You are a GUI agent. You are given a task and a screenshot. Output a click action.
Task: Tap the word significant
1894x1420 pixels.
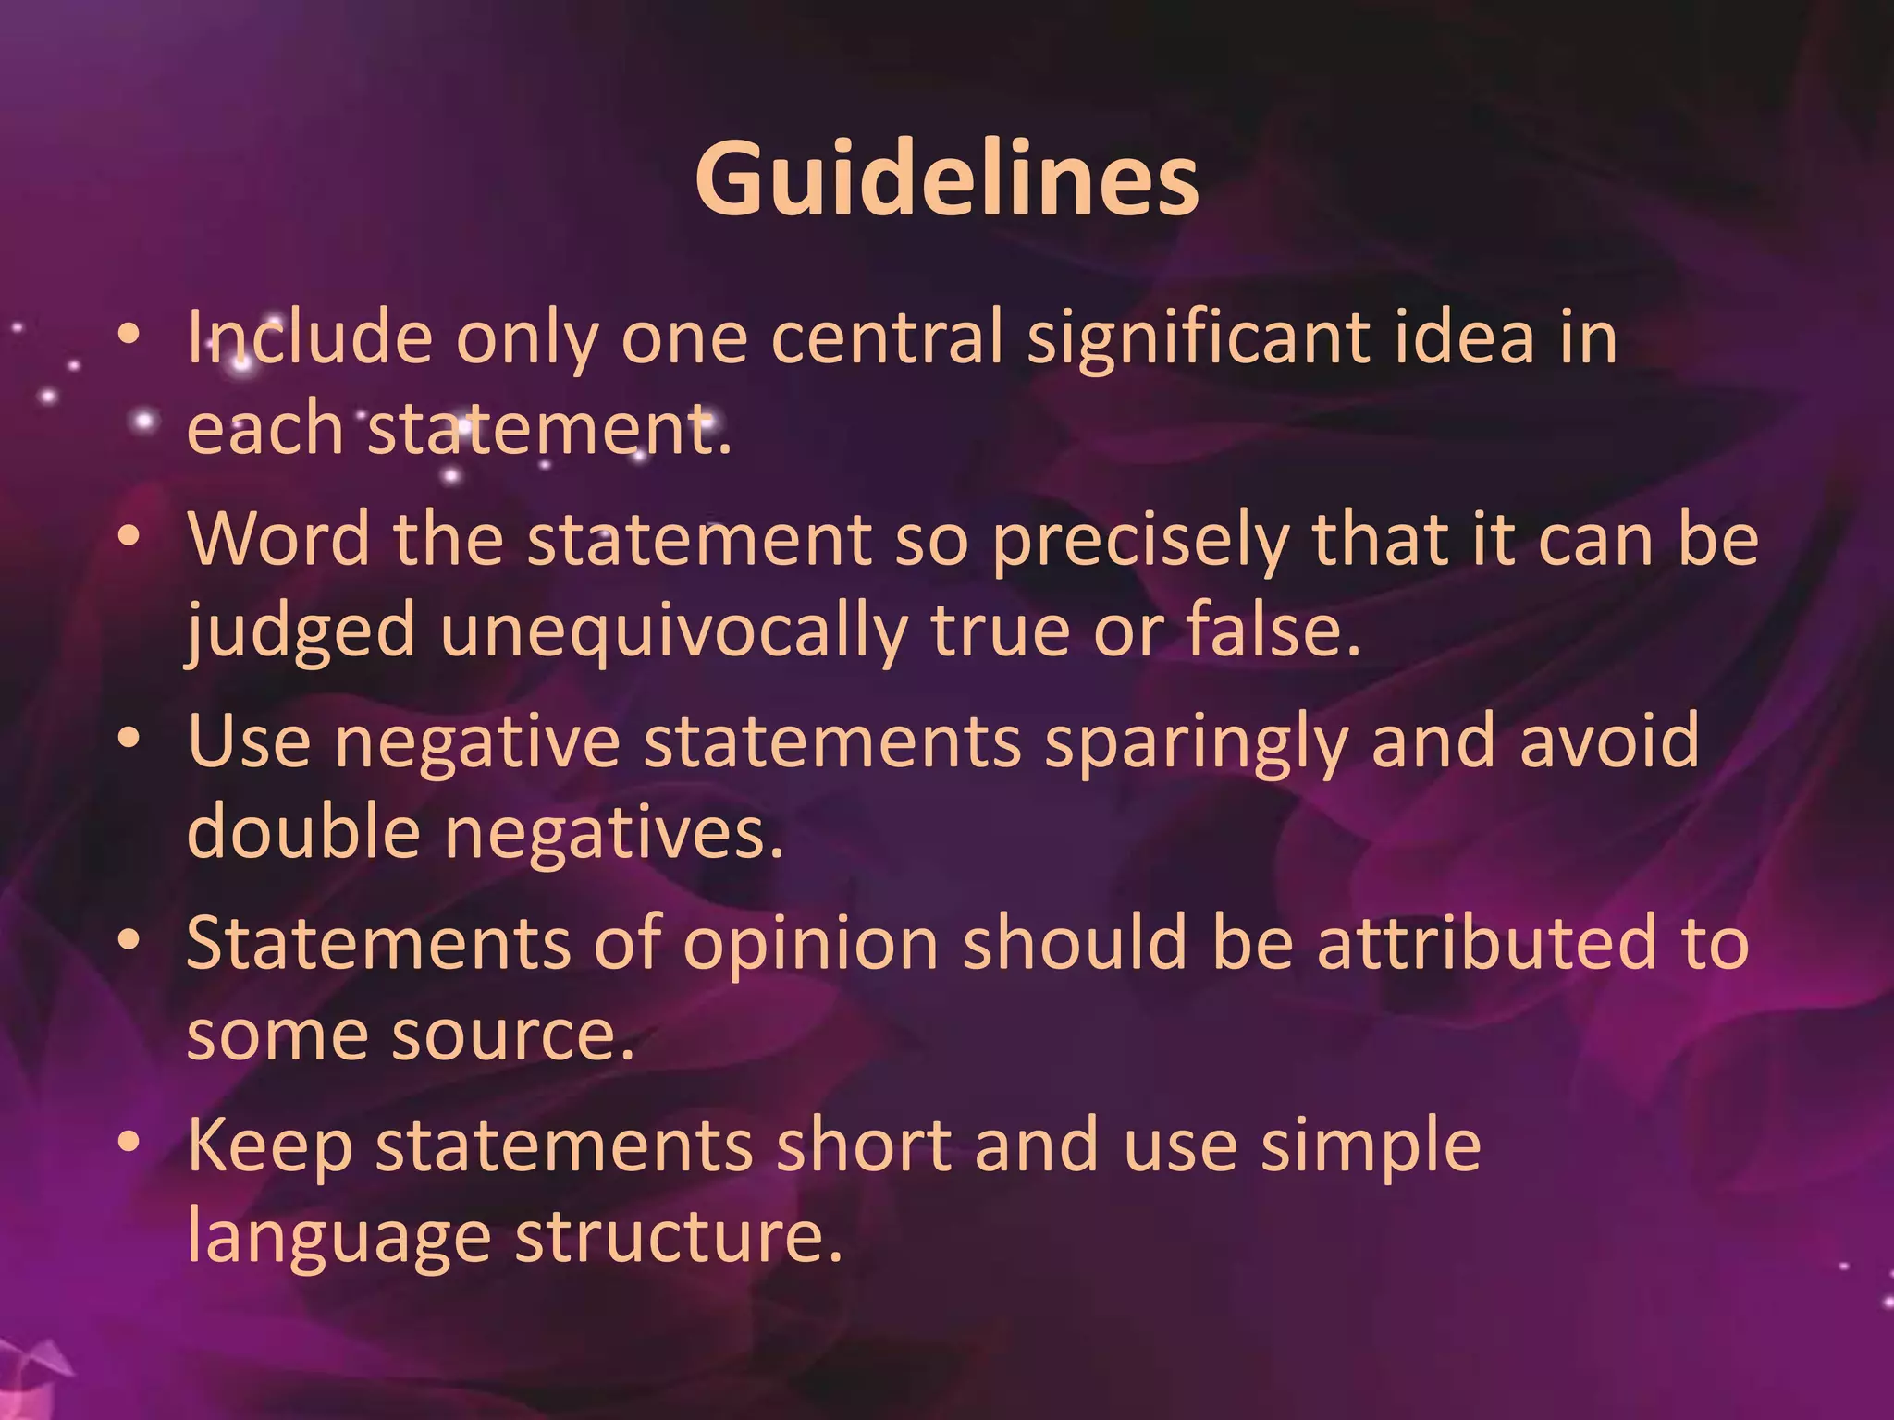(1199, 337)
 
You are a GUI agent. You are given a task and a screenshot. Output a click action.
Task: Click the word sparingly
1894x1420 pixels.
(1196, 742)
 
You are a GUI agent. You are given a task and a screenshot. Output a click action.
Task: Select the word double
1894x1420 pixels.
(304, 831)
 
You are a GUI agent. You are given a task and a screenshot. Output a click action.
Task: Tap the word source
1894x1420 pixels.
(513, 1034)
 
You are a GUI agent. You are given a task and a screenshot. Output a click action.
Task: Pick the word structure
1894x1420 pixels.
(678, 1237)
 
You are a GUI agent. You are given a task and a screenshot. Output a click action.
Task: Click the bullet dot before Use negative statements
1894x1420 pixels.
(130, 741)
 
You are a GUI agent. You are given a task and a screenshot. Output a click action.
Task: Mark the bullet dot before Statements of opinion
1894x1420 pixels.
(130, 942)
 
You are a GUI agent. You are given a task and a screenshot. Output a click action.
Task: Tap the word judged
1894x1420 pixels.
(300, 631)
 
